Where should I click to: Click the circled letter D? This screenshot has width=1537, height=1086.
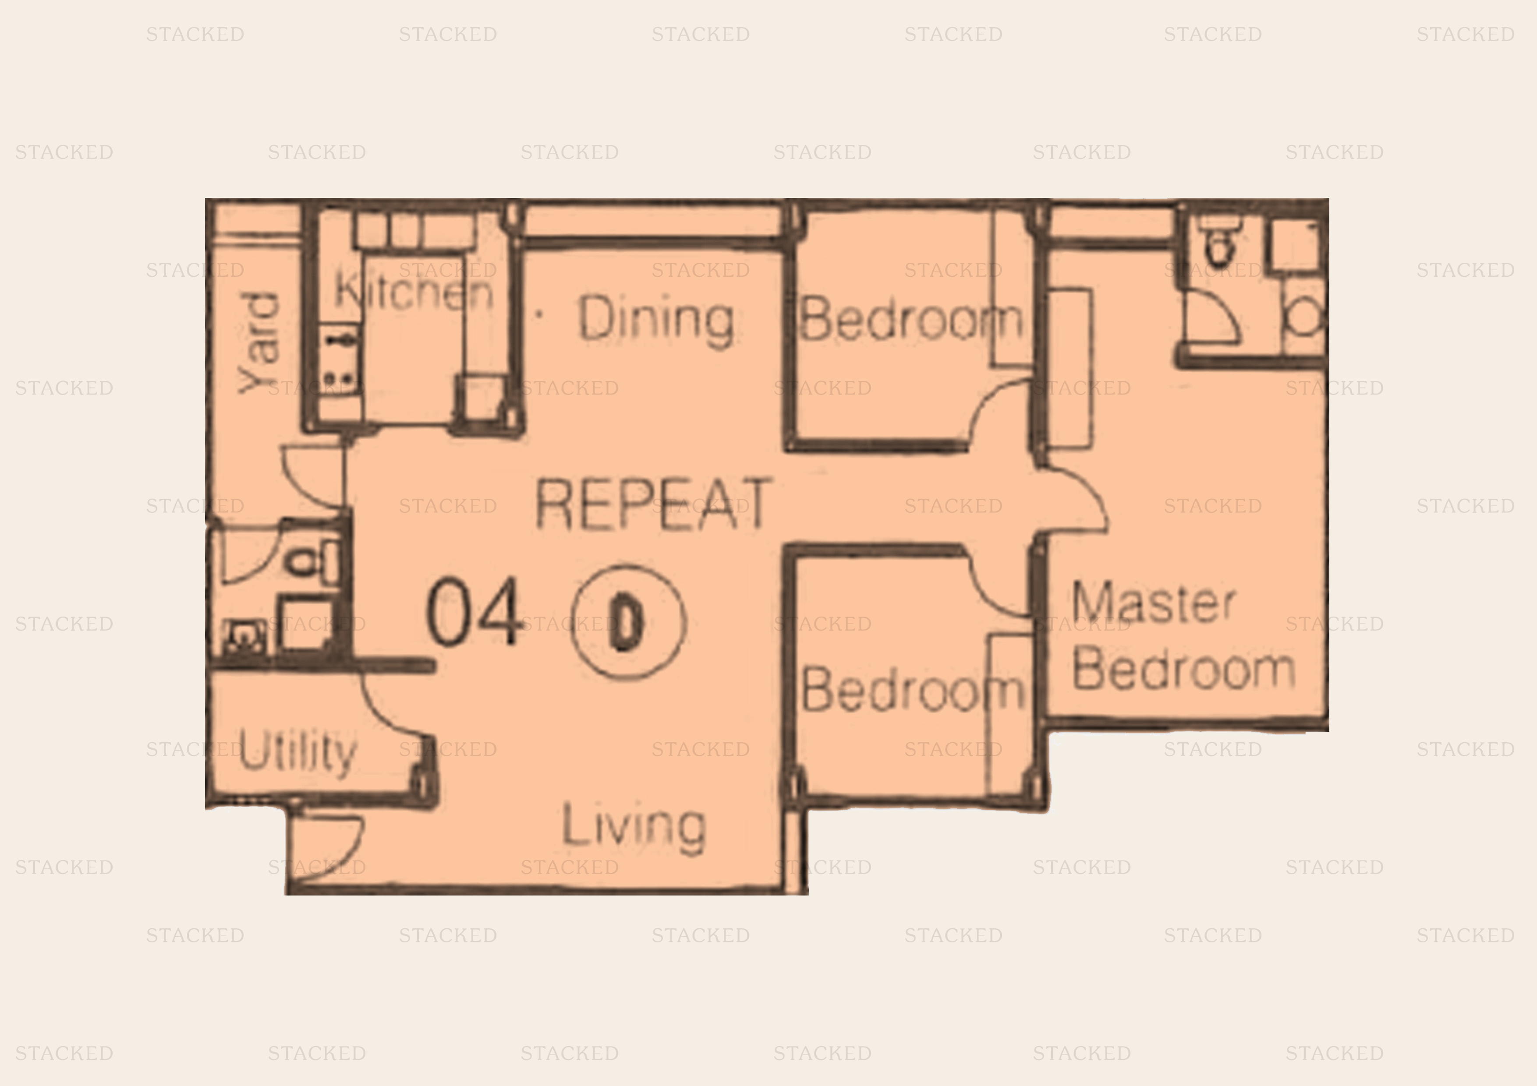tap(628, 622)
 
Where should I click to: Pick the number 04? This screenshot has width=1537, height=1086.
tap(474, 612)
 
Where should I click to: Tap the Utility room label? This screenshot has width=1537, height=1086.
tap(297, 752)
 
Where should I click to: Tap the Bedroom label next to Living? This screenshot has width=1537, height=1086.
tap(912, 689)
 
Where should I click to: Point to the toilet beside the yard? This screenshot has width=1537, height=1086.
tap(313, 561)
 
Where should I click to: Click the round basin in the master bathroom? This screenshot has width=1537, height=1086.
tap(1304, 316)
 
